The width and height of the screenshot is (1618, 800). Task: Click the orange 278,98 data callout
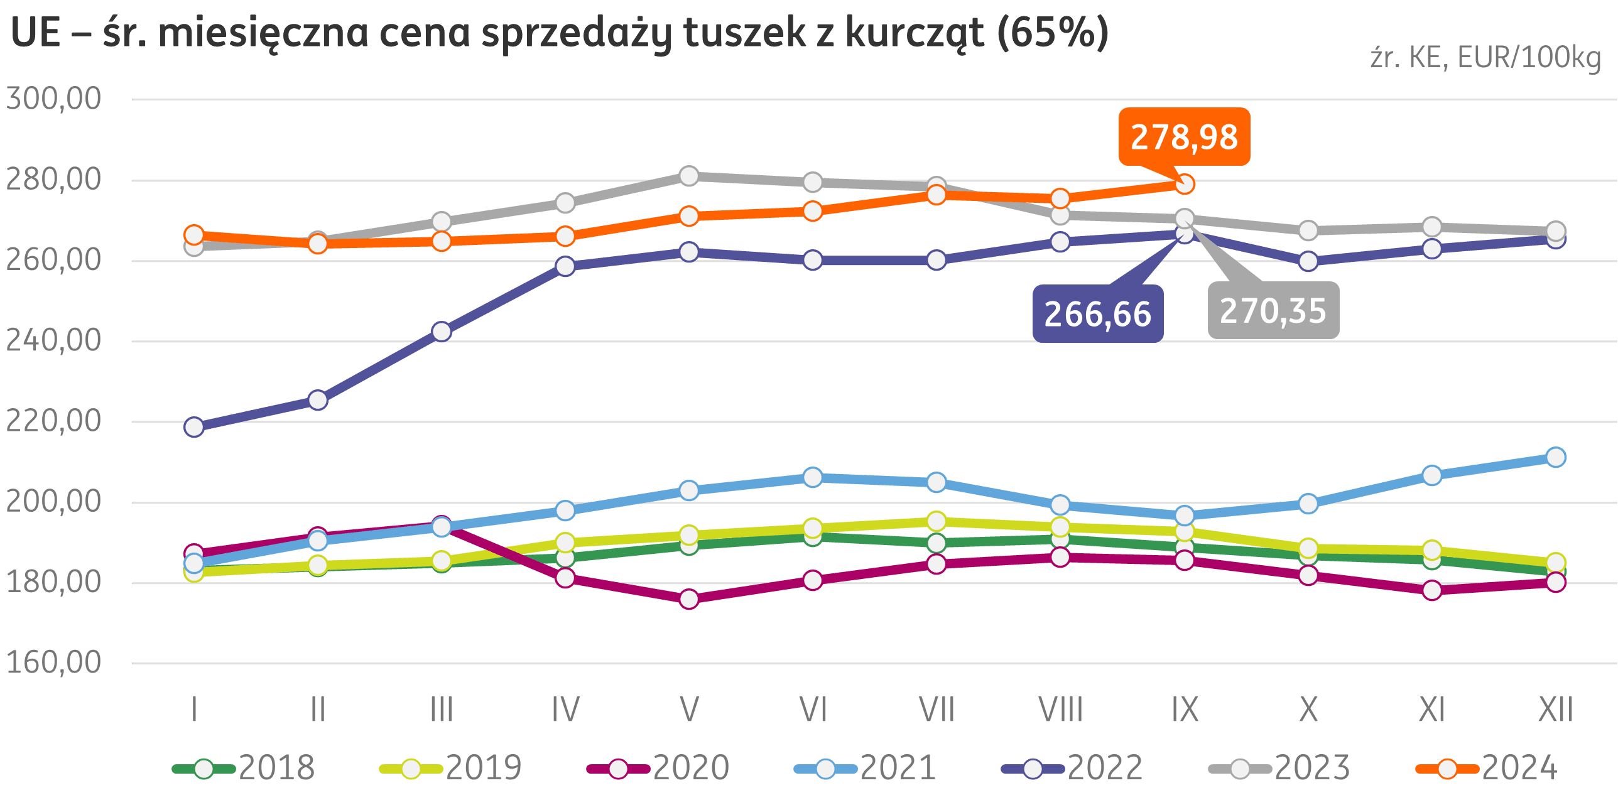coord(1184,137)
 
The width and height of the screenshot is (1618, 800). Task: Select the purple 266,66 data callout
coord(1097,314)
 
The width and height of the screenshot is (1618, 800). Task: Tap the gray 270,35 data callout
coord(1273,311)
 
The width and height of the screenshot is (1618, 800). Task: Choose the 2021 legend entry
coord(866,768)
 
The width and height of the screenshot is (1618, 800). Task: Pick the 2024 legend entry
coord(1487,768)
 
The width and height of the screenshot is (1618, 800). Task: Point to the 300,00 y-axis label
coord(53,99)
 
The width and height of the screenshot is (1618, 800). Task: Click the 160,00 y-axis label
coord(53,662)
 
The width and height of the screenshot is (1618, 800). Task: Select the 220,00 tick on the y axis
coord(53,421)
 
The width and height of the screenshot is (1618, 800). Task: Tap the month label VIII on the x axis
coord(1060,710)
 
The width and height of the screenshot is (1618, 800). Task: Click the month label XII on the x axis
coord(1556,710)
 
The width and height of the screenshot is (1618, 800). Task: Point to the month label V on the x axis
coord(689,710)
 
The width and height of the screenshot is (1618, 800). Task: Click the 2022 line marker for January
coord(194,427)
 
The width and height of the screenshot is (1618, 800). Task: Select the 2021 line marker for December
coord(1555,457)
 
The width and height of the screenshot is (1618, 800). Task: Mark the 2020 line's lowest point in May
coord(689,599)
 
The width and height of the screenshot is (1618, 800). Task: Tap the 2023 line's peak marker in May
coord(689,176)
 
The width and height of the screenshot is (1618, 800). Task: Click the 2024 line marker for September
coord(1185,184)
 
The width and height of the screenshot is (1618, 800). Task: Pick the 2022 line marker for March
coord(442,332)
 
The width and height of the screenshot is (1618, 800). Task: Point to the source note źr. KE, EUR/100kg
coord(1485,58)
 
